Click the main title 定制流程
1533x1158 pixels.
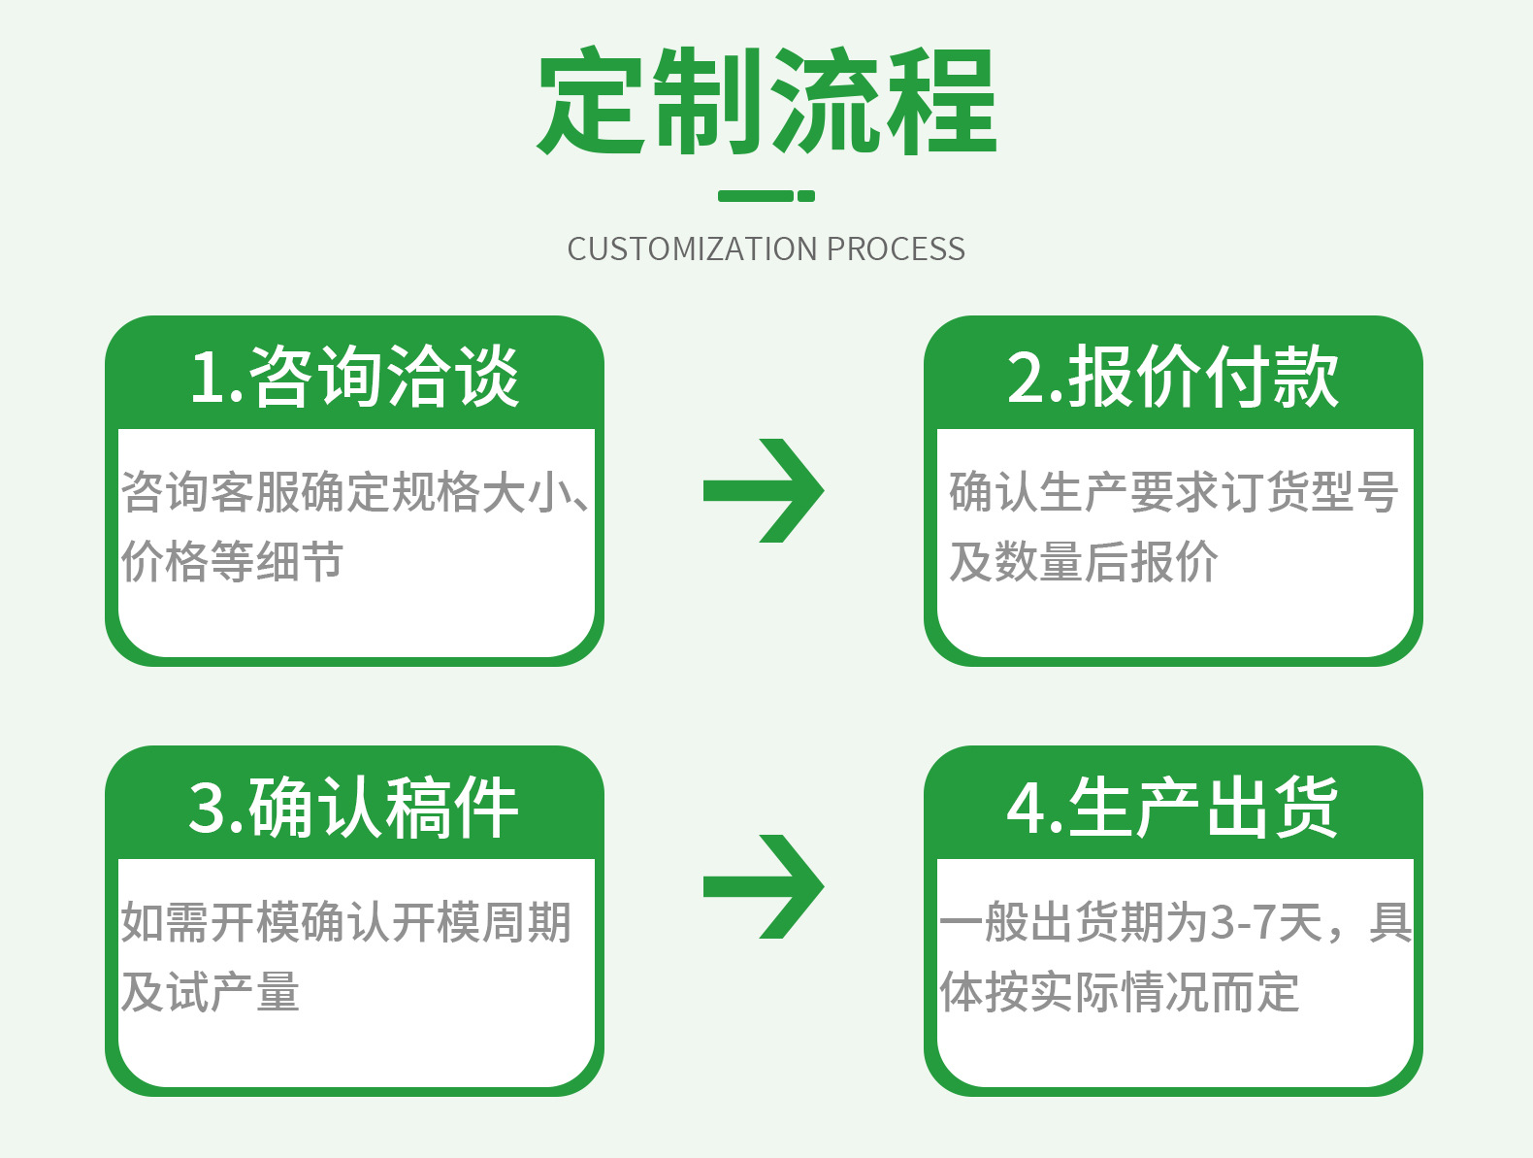click(x=766, y=101)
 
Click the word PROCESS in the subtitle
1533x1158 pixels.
click(x=896, y=249)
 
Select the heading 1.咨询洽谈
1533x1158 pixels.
click(x=355, y=377)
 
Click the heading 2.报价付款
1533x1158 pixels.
click(x=1173, y=377)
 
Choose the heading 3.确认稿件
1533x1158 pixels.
click(x=354, y=807)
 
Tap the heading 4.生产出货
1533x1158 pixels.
click(x=1173, y=807)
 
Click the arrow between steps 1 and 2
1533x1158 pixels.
click(x=764, y=491)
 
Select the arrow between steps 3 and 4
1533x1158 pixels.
click(x=764, y=886)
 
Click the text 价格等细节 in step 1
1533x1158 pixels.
click(x=232, y=562)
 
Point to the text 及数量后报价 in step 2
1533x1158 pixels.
click(x=1083, y=562)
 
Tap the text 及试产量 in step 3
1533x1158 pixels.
click(x=211, y=992)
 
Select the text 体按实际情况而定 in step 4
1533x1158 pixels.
click(x=1120, y=992)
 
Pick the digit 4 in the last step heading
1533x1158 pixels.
click(x=1026, y=808)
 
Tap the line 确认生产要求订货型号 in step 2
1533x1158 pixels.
click(x=1173, y=492)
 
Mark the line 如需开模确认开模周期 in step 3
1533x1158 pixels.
click(x=346, y=922)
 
